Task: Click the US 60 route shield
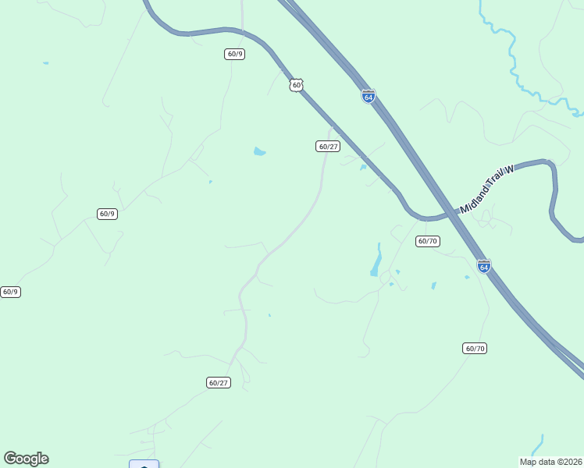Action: pos(295,84)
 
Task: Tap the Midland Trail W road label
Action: pos(487,190)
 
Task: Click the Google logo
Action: pos(26,459)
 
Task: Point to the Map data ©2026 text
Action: pos(551,462)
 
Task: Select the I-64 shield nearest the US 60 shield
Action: pos(369,96)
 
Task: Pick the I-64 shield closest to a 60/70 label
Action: pos(484,266)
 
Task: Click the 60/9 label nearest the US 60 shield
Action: pos(235,54)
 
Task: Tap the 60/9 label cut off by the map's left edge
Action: pos(9,292)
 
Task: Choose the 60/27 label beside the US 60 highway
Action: pos(328,147)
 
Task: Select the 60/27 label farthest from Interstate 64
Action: pos(219,382)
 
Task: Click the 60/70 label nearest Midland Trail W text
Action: pos(427,241)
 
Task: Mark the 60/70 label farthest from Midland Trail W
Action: pos(475,348)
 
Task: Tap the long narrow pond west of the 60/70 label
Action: pos(376,261)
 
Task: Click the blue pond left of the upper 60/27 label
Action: pos(259,151)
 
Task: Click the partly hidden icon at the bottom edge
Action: pos(144,465)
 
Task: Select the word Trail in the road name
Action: pos(490,187)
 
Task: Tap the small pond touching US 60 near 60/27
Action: pos(363,167)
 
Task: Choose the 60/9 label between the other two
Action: pos(107,214)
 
